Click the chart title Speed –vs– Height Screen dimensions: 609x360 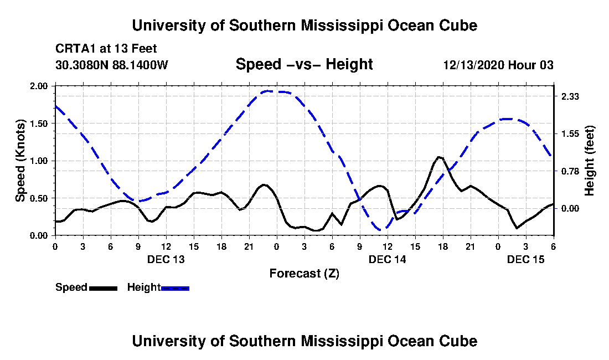304,64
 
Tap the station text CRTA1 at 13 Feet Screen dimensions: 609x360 106,49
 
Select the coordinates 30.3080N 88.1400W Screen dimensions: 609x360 112,65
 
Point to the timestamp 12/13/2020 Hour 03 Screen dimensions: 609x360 498,65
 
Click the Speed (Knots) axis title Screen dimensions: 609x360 20,161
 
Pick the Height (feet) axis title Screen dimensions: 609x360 589,161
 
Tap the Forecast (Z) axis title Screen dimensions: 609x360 304,274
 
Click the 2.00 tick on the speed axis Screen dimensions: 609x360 39,86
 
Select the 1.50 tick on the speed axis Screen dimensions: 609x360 39,124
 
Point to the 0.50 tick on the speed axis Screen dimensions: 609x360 39,198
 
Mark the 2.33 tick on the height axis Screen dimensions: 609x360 570,97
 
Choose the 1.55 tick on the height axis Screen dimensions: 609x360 570,134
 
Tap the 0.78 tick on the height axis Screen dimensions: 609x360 570,171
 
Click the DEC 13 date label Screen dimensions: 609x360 166,259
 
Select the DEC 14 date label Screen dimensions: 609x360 387,259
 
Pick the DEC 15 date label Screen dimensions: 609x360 526,259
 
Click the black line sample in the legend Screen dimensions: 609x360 104,288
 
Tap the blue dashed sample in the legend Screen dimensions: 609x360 175,288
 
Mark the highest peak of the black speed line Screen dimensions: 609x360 438,157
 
